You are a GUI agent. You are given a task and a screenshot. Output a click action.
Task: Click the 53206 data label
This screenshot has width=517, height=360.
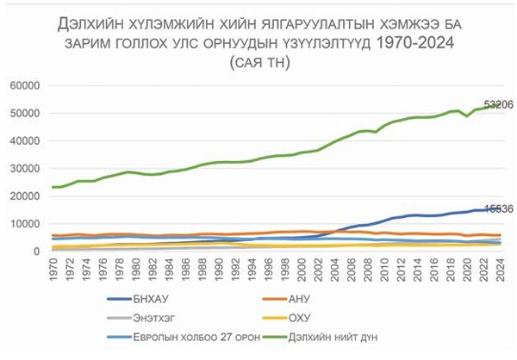tap(497, 105)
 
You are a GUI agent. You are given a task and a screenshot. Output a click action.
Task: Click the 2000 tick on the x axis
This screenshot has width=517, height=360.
tap(301, 269)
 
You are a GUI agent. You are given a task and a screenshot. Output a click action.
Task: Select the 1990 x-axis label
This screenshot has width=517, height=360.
tap(219, 269)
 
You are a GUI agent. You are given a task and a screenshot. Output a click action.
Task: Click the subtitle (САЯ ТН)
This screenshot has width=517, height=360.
tap(258, 62)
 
